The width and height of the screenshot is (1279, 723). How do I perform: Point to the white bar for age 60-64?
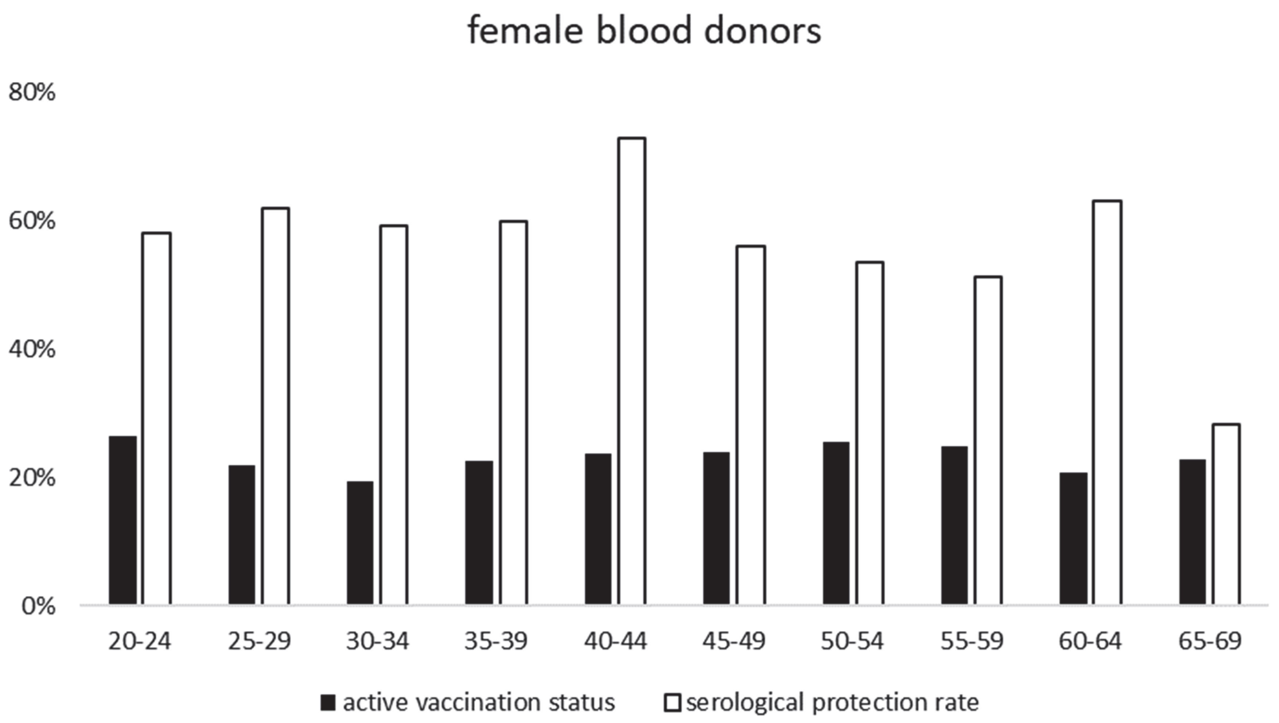coord(1107,403)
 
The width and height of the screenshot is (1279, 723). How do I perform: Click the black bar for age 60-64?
coord(1073,538)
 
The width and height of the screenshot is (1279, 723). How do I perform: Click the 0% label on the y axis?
coord(38,606)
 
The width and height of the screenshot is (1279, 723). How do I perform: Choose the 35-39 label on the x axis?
coord(496,641)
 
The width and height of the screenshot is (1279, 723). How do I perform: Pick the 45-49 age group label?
coord(734,641)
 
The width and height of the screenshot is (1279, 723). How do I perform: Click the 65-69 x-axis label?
coord(1210,641)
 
